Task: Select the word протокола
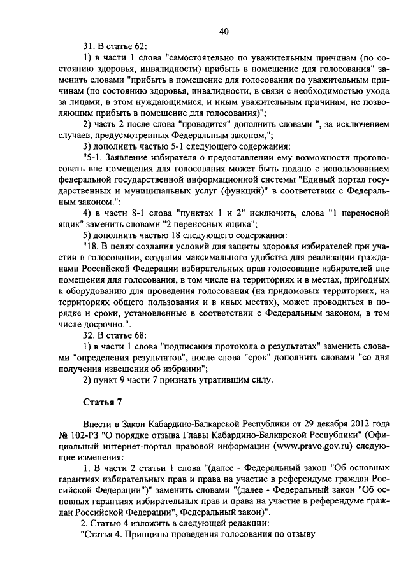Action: [x=235, y=346]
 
